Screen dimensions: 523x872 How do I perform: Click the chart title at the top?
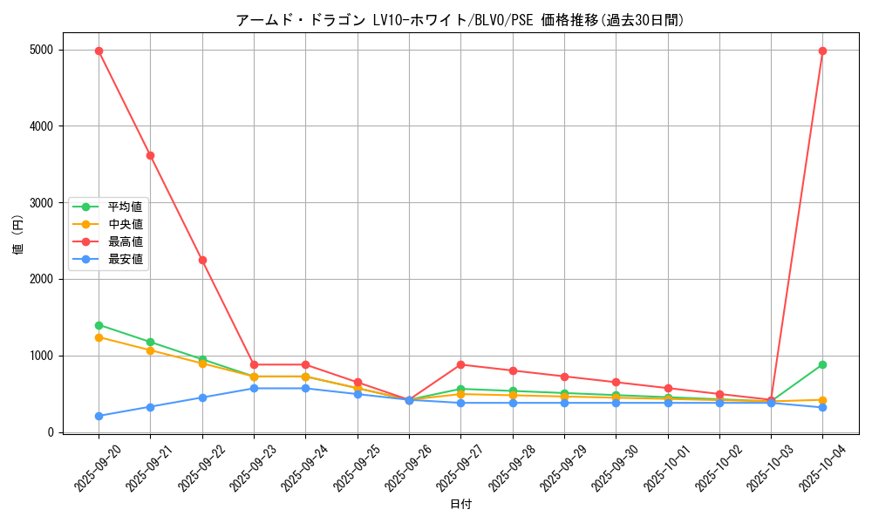coord(460,20)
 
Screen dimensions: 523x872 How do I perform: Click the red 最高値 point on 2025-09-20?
coord(99,51)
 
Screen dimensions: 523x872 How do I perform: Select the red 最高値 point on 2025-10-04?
coord(822,51)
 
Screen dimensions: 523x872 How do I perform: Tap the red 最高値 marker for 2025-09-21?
coord(150,155)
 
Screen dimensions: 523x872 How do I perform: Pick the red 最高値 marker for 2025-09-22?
coord(202,260)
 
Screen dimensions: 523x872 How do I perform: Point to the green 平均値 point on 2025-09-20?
coord(99,325)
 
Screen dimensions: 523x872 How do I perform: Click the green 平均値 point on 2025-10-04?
coord(822,364)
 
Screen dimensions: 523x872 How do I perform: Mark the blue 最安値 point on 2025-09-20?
coord(99,416)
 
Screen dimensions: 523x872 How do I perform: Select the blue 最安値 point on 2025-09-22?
coord(202,397)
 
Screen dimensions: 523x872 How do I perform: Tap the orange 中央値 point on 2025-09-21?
coord(150,350)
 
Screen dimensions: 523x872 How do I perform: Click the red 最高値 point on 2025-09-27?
coord(460,364)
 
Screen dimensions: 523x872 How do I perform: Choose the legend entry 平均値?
coord(125,207)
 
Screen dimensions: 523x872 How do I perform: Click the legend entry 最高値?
coord(125,241)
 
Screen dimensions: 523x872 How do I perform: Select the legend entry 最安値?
coord(125,259)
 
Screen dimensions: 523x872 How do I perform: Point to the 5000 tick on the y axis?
coord(41,51)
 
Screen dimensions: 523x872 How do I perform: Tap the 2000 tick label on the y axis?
coord(41,279)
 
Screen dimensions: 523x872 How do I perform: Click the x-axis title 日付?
coord(460,505)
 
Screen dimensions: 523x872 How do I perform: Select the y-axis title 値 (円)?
coord(18,235)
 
